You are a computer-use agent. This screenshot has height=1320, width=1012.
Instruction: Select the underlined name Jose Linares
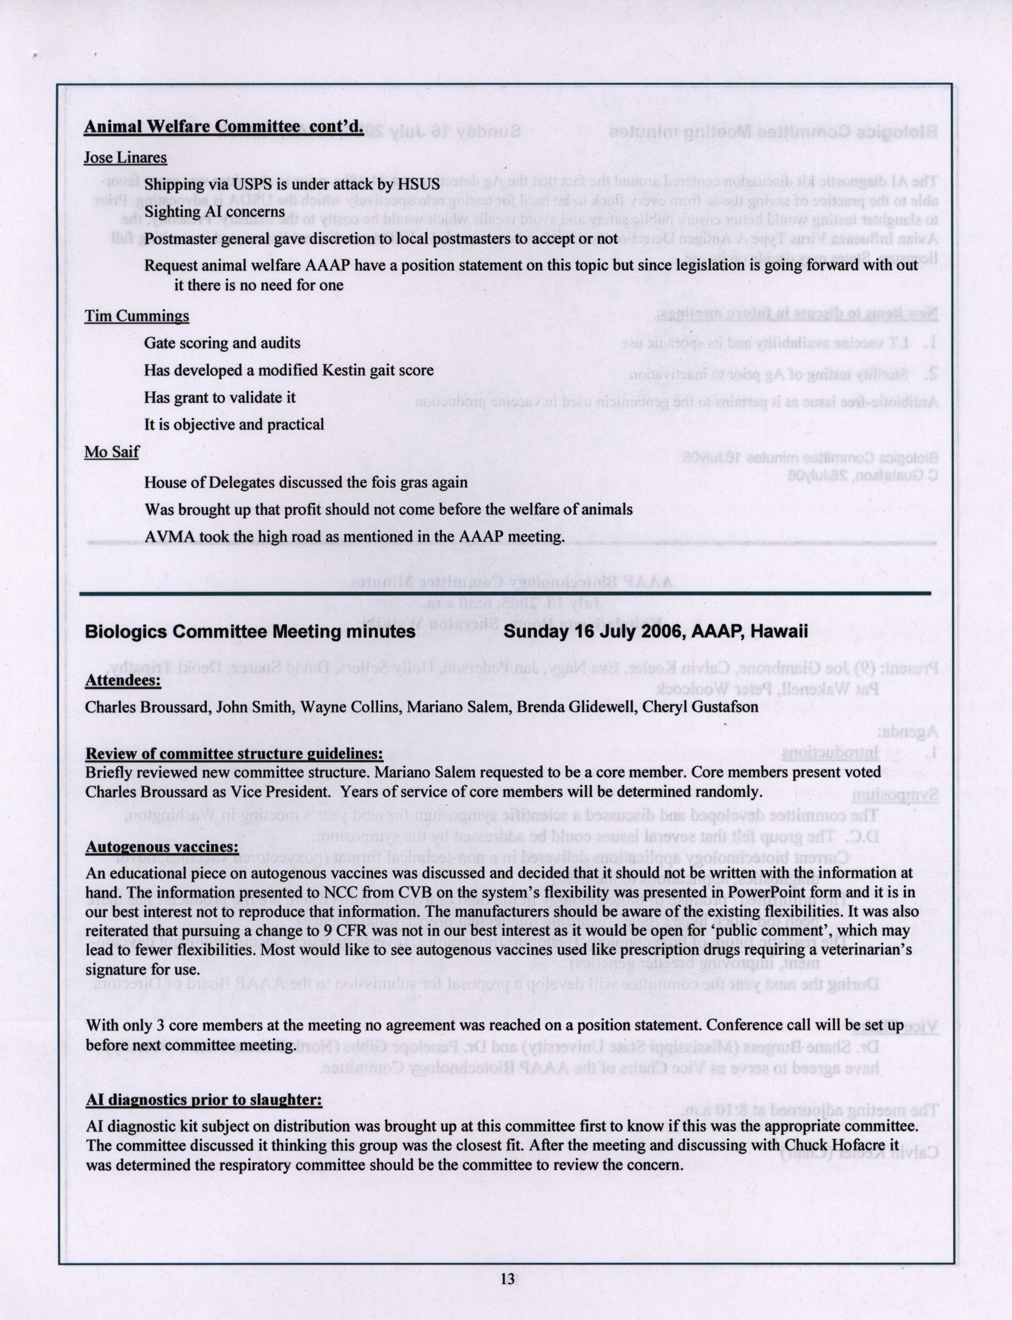tap(125, 158)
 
